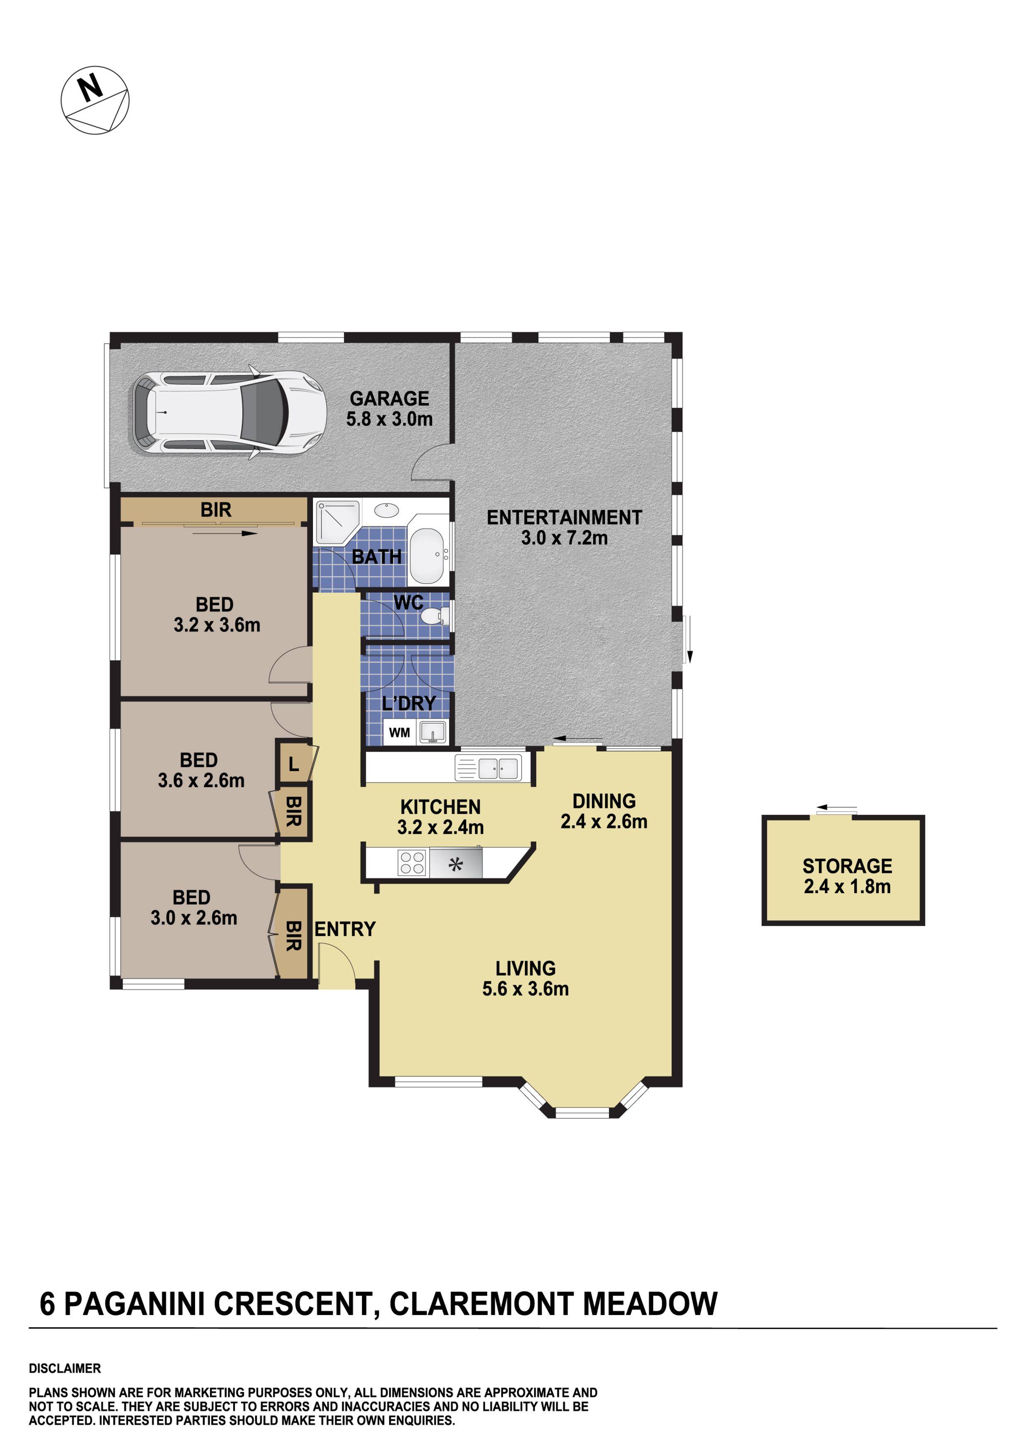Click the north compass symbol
click(x=95, y=100)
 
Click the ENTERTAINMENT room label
click(x=564, y=517)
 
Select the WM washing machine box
click(x=399, y=732)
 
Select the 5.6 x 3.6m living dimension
click(x=525, y=988)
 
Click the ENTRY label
click(x=345, y=929)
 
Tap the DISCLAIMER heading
click(x=65, y=1368)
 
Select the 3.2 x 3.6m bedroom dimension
click(x=217, y=625)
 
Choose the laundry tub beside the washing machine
click(x=433, y=732)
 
